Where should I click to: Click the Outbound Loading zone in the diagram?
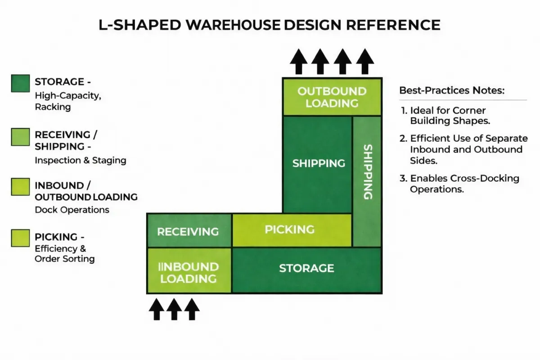pos(332,97)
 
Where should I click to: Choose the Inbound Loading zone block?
pos(189,272)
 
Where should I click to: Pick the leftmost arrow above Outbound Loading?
pos(297,62)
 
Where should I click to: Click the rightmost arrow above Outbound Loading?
pos(364,62)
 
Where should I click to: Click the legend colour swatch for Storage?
pos(20,84)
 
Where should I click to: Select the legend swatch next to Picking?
pos(20,238)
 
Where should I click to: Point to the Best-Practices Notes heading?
pos(452,90)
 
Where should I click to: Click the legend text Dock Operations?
pos(72,210)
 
